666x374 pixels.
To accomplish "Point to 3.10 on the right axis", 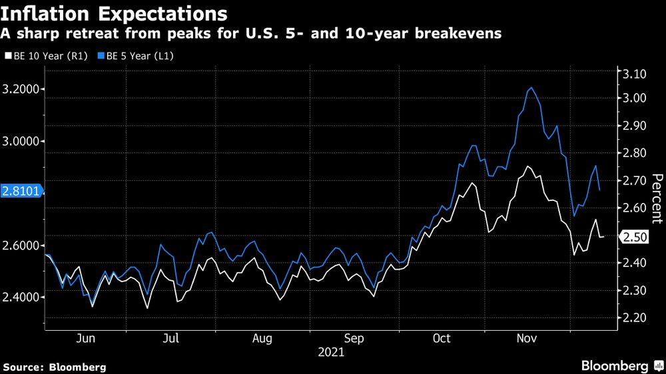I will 633,74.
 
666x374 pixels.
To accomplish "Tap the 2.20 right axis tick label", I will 633,318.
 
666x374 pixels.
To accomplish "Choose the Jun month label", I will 86,339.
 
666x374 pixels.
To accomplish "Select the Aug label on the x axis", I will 262,339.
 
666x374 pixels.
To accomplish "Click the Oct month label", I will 442,339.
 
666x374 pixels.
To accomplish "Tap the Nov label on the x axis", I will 527,339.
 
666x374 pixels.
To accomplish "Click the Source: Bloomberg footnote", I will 55,367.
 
